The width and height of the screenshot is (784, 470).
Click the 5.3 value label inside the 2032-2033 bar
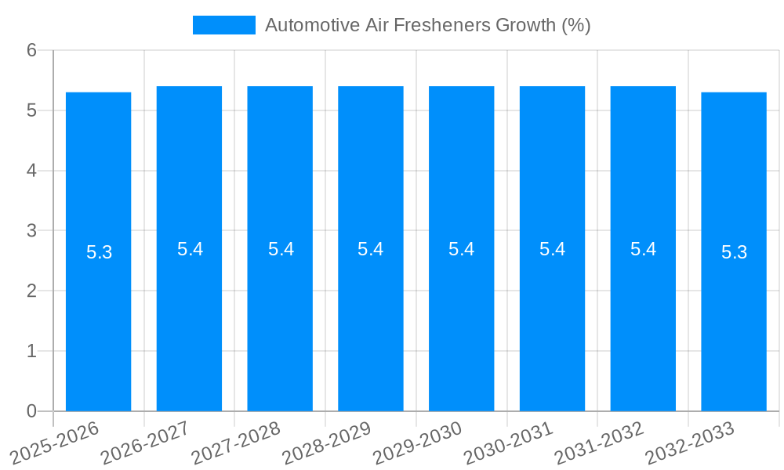coord(734,252)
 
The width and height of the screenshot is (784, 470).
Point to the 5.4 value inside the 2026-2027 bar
coord(190,249)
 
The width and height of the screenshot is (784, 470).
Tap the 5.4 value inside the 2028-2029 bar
coord(371,249)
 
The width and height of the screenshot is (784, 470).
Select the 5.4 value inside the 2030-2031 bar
coord(552,249)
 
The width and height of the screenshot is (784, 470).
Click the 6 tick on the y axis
coord(31,50)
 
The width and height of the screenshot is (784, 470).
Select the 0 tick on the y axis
coord(31,411)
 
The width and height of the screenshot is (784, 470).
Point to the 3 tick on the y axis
coord(31,231)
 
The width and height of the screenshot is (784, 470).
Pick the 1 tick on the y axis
coord(31,351)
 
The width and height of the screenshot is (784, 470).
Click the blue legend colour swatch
coord(224,25)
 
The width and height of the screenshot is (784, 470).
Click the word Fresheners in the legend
coord(444,25)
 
